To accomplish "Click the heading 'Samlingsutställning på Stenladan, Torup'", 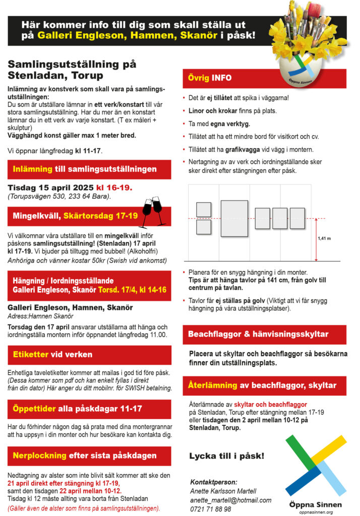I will [x=72, y=70].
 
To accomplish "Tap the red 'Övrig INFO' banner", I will [x=264, y=79].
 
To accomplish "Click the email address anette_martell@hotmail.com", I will [x=230, y=500].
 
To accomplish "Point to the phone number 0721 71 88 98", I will [x=211, y=509].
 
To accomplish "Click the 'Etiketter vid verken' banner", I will [x=89, y=354].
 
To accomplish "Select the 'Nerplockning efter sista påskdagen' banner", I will [x=89, y=456].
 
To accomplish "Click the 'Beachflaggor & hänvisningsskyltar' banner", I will [x=264, y=334].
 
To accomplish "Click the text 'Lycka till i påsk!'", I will [x=226, y=456].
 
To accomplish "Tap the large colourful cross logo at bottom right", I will [x=316, y=466].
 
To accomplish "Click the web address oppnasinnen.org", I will [x=316, y=511].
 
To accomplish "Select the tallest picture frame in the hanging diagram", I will [x=234, y=218].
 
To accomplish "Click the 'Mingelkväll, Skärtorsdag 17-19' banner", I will [x=73, y=216].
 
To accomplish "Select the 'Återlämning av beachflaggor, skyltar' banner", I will [x=264, y=385].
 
